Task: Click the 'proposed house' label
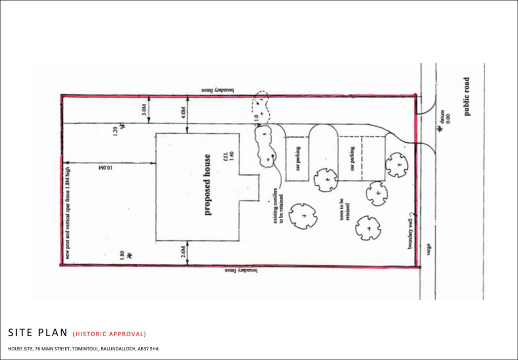207,185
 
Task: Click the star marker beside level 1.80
130,254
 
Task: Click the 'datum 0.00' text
445,119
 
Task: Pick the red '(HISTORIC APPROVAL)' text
109,334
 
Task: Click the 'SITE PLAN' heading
37,333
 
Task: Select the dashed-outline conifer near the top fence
261,105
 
